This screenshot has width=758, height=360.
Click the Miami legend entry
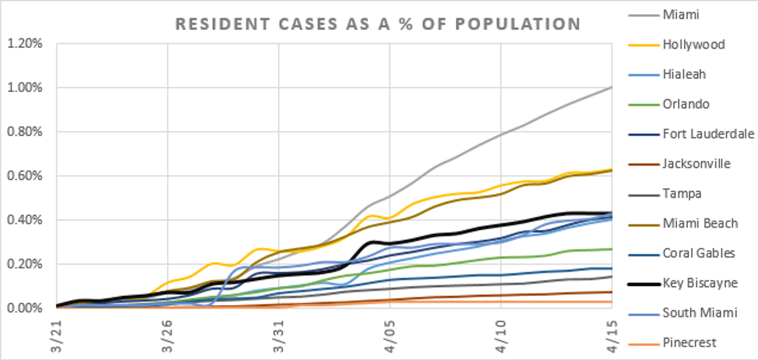pos(681,15)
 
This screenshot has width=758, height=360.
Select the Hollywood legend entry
pos(694,45)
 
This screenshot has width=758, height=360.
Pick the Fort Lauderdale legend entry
pos(709,134)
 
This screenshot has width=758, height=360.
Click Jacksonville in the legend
pos(697,164)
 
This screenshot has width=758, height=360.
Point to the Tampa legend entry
pos(683,194)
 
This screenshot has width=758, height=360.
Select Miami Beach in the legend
pos(700,223)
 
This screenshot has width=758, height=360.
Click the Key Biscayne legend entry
pos(701,283)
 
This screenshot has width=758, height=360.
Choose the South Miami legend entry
pos(699,313)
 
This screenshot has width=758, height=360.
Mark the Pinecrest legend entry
pos(690,343)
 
